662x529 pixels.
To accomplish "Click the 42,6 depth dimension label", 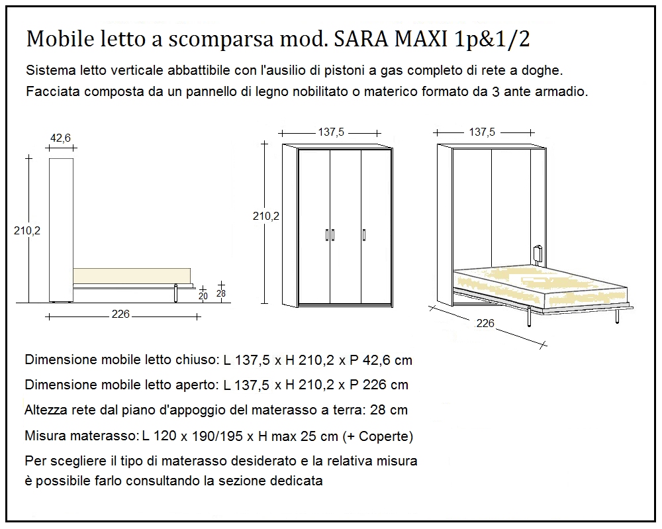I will pos(60,138).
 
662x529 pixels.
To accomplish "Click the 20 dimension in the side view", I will pos(203,295).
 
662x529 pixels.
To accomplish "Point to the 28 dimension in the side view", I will pos(221,293).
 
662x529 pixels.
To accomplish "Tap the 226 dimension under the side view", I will pos(120,314).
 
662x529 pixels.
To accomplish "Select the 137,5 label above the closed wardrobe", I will pos(331,132).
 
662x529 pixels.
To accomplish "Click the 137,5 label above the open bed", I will pos(481,132).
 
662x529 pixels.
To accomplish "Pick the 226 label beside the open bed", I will pos(485,324).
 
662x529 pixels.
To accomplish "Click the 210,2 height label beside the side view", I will pos(28,230).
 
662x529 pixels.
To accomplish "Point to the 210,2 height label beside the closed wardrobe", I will pos(266,216).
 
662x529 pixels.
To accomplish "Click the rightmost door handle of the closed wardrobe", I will pos(364,234).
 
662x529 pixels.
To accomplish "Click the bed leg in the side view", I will pos(175,293).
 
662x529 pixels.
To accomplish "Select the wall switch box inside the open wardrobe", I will pos(538,254).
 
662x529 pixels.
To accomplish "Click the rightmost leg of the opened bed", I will pos(617,318).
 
